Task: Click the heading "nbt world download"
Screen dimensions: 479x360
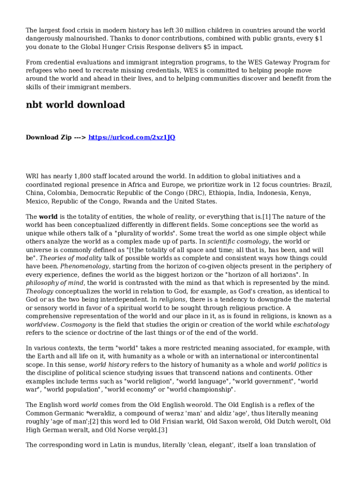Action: tap(75, 105)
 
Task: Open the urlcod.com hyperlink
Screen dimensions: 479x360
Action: tap(132, 138)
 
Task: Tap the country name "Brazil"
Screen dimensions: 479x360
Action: tap(322, 185)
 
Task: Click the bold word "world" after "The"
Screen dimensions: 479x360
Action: tap(48, 217)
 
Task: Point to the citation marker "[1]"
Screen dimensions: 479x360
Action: tap(266, 217)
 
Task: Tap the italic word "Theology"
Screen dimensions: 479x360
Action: tap(40, 291)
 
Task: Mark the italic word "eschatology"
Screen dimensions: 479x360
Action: tap(311, 325)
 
